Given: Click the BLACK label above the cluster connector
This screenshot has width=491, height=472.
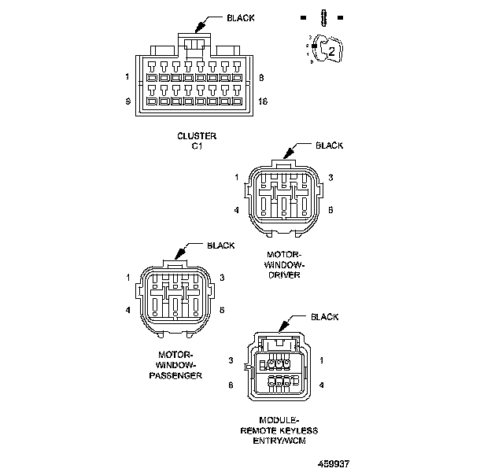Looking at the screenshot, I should (241, 17).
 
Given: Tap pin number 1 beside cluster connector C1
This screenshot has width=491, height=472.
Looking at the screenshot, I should (127, 77).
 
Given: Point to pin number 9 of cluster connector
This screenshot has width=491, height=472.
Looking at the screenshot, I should (127, 101).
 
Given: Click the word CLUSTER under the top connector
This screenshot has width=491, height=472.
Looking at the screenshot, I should (196, 135).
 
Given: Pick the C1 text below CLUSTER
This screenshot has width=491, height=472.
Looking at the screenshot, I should (196, 146).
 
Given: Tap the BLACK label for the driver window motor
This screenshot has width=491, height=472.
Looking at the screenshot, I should (330, 146).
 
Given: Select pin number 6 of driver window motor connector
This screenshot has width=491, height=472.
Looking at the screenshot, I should (331, 210).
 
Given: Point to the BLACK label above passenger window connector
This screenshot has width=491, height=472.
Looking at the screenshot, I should (220, 245).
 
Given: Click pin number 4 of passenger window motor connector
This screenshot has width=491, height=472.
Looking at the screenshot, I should (128, 310).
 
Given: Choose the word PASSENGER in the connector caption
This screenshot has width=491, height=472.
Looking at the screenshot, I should (175, 375).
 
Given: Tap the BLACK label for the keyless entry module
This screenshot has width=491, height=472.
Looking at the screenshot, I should (325, 317).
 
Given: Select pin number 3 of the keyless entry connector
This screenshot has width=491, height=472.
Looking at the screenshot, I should (231, 360).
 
